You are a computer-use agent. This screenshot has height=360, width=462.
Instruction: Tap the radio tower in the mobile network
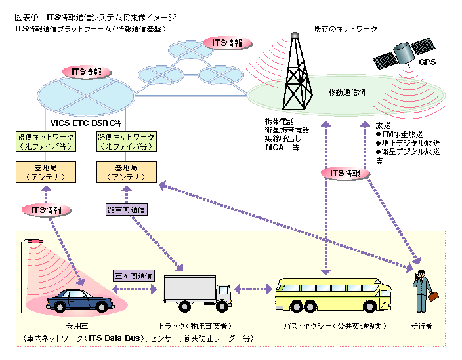point(297,72)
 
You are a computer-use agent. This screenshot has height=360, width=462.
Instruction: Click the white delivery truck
point(196,292)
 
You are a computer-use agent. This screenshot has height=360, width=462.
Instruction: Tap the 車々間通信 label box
point(133,275)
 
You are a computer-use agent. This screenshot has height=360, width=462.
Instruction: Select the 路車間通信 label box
point(127,209)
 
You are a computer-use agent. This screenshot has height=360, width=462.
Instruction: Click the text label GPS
point(427,63)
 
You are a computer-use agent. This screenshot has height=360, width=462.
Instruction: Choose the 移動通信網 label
point(346,94)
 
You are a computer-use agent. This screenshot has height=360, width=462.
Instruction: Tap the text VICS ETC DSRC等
point(86,123)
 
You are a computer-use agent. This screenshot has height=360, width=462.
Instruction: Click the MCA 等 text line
point(282,148)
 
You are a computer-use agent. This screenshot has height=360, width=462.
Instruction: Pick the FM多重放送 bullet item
point(401,134)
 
